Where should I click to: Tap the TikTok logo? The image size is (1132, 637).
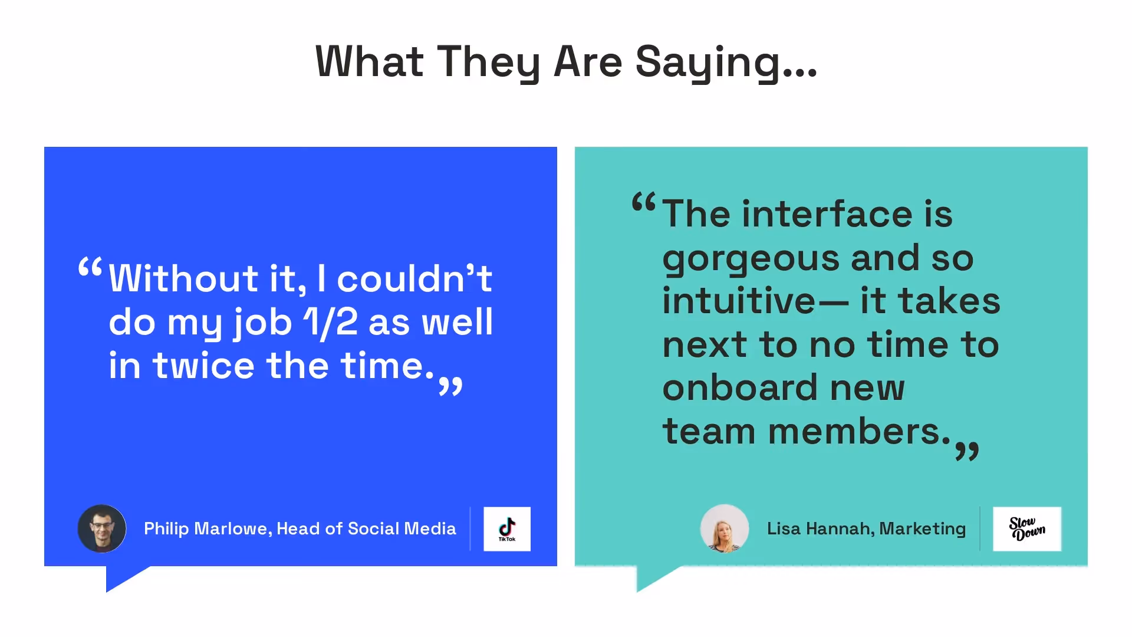coord(507,529)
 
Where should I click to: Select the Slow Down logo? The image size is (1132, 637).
coord(1027,529)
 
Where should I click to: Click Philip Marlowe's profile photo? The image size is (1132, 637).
coord(102,528)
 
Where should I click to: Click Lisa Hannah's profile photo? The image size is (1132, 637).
coord(725,528)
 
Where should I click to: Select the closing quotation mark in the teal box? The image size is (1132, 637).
coord(967,451)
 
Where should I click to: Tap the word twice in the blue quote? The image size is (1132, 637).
coord(203,366)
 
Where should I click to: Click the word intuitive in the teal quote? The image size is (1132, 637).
coord(739,301)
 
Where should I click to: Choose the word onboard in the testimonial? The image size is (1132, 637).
coord(739,388)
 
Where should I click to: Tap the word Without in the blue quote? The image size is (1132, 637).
coord(183,278)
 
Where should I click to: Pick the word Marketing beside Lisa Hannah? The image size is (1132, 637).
coord(922,528)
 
